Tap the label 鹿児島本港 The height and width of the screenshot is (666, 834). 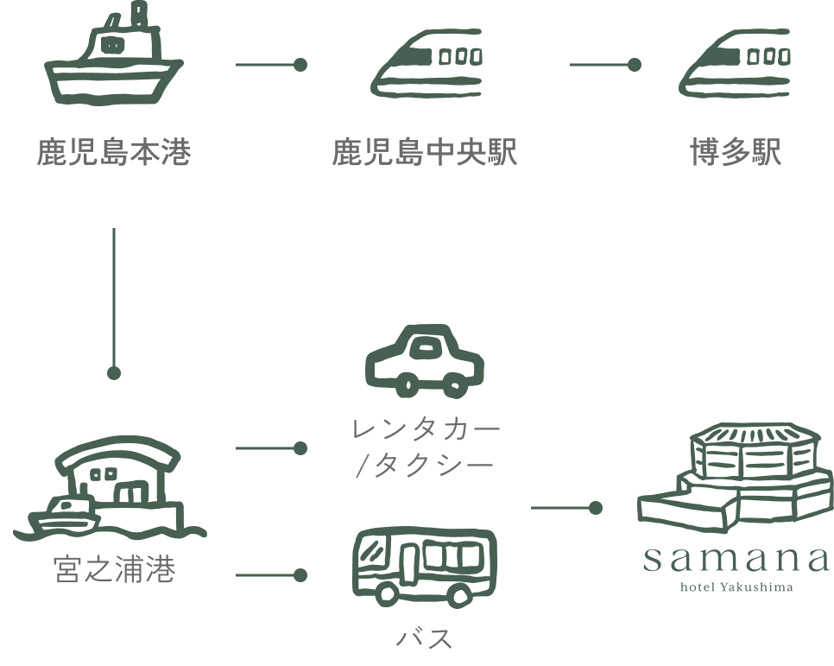tap(114, 152)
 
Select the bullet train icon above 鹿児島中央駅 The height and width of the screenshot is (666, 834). tap(426, 63)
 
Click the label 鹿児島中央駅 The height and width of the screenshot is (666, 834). tap(425, 152)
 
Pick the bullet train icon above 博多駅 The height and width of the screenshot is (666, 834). tap(735, 63)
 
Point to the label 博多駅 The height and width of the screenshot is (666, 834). tap(736, 152)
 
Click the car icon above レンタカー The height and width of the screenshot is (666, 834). tap(425, 361)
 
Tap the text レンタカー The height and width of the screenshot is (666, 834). tap(426, 429)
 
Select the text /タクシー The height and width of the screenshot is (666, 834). tap(426, 466)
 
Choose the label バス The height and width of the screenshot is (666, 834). tap(425, 637)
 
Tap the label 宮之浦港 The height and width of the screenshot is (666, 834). tap(114, 569)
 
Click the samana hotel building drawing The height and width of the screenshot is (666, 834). tap(736, 477)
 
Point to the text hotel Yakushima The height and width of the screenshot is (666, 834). tap(736, 587)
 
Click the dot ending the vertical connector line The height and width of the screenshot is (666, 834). tap(114, 373)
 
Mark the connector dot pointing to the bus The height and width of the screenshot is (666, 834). tap(300, 575)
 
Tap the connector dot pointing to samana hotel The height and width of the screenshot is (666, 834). tap(596, 508)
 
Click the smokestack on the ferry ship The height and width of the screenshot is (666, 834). tap(139, 15)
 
